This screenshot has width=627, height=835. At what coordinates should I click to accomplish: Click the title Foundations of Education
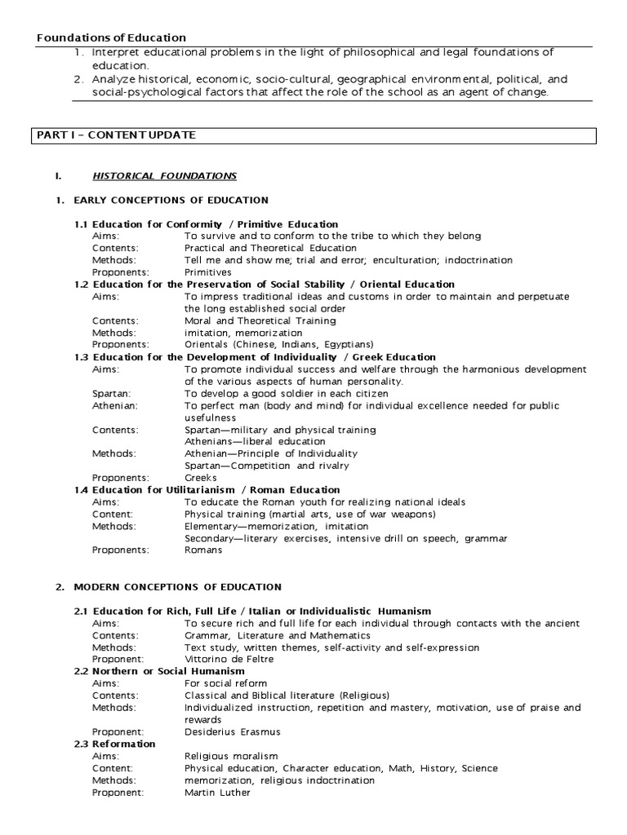111,38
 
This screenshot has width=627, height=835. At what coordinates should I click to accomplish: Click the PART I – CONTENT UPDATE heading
115,135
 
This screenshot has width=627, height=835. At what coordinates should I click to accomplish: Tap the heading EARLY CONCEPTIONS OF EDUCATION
171,200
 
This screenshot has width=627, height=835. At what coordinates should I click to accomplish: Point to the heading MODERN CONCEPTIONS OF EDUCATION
177,587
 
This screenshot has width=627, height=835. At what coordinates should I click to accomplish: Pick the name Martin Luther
217,792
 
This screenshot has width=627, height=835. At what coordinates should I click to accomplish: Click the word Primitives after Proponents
208,272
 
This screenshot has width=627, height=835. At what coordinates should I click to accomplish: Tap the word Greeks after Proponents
200,478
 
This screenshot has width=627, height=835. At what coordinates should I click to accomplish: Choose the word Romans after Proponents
203,550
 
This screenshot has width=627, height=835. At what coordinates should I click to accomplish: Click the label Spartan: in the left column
110,393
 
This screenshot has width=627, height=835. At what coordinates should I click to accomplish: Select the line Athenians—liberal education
255,441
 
